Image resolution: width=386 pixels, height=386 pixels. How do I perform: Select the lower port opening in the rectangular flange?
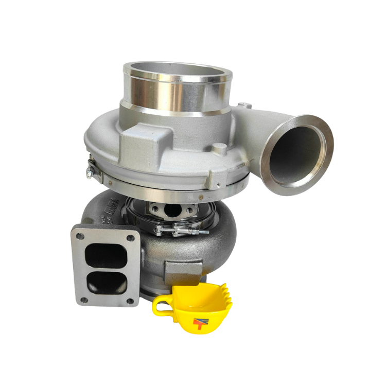tap(107, 282)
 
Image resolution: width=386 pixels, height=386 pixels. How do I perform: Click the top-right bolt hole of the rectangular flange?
tap(131, 237)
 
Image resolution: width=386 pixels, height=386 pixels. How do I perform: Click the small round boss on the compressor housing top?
tap(218, 150)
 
